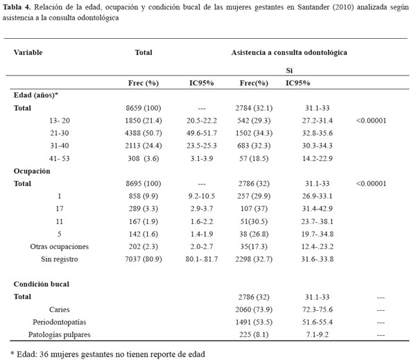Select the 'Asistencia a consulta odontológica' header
288,52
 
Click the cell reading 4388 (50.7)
144,133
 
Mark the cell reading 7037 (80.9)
144,258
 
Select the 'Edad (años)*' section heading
37,95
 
